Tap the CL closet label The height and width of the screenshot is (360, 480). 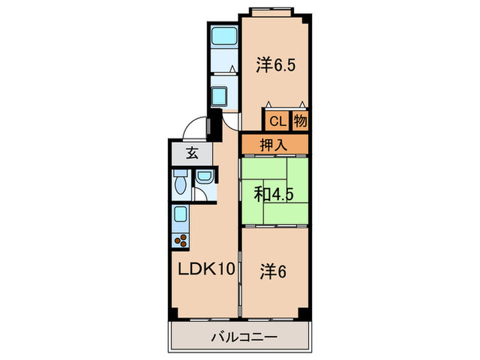(x=276, y=121)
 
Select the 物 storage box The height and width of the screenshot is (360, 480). (x=300, y=121)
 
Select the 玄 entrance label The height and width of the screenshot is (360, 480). (x=192, y=154)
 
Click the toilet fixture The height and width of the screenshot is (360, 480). (x=180, y=185)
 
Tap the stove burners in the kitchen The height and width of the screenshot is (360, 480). (x=182, y=241)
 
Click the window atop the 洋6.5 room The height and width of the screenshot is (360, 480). (x=274, y=11)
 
